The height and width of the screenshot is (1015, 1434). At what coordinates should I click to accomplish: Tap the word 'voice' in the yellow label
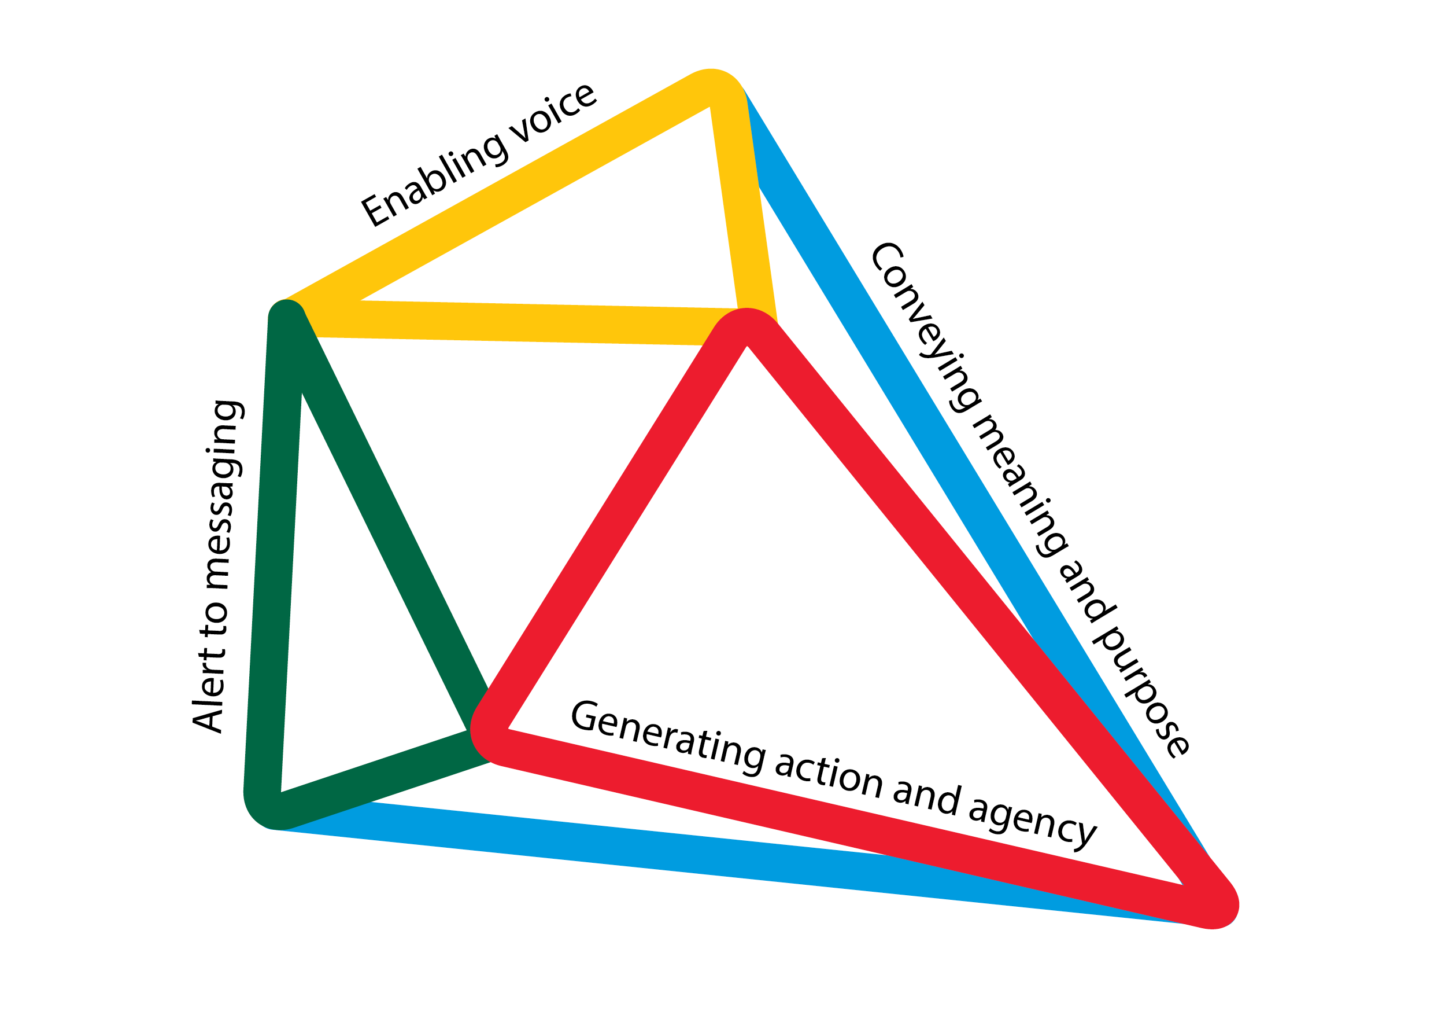(x=553, y=112)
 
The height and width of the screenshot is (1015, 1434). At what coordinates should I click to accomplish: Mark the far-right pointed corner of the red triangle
(x=1215, y=906)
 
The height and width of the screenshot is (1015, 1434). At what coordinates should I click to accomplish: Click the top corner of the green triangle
(x=286, y=315)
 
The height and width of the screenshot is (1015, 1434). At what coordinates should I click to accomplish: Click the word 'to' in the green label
(x=214, y=619)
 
